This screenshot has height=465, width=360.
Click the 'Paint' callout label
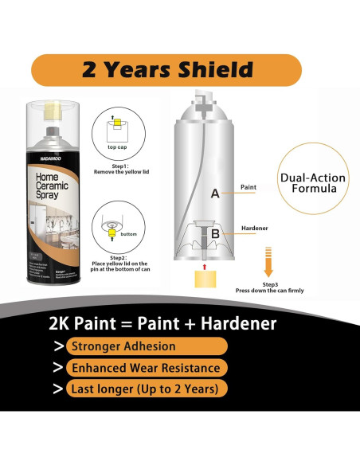pyautogui.click(x=248, y=189)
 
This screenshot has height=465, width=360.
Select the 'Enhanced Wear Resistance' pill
pyautogui.click(x=144, y=368)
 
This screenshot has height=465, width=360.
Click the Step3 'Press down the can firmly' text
pyautogui.click(x=269, y=287)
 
